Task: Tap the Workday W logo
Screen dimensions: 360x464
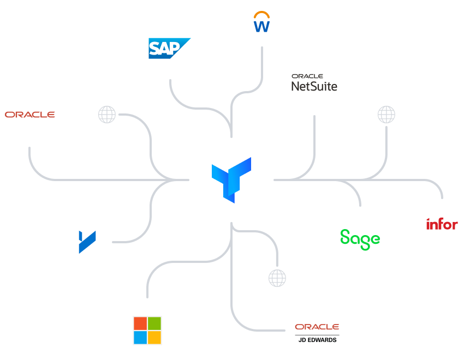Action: click(262, 26)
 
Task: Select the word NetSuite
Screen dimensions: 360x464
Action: click(314, 86)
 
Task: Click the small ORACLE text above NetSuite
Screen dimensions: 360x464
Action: click(307, 76)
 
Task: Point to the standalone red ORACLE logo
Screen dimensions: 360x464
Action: click(29, 115)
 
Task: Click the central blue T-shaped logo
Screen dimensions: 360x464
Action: click(231, 178)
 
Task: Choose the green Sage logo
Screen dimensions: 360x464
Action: click(360, 238)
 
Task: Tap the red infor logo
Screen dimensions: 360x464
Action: click(442, 224)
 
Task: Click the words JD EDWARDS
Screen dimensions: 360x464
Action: click(317, 340)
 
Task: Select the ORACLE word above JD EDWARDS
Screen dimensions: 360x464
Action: click(317, 327)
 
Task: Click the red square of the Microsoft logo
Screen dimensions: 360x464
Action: click(140, 323)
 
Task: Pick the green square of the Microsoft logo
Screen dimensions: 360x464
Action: click(154, 323)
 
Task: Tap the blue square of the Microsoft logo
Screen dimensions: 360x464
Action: click(140, 338)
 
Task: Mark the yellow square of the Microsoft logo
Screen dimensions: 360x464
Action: click(154, 338)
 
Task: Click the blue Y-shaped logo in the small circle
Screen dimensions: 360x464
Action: click(87, 242)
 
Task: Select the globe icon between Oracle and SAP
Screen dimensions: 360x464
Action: click(107, 115)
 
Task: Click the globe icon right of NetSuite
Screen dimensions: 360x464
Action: click(386, 115)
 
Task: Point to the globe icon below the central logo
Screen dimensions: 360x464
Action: click(277, 278)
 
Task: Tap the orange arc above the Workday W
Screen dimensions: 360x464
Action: click(262, 17)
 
